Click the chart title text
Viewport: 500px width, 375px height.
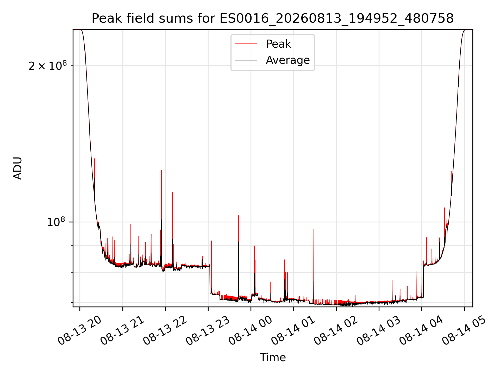273,18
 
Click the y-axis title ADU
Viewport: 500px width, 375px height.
18,168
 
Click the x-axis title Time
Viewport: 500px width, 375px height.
273,358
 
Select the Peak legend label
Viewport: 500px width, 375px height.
278,44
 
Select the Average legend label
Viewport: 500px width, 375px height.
288,60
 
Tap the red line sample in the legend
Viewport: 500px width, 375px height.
246,44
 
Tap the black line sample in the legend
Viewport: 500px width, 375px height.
246,60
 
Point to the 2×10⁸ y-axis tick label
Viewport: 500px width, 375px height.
48,66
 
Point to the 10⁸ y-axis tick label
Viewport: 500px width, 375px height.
56,222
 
